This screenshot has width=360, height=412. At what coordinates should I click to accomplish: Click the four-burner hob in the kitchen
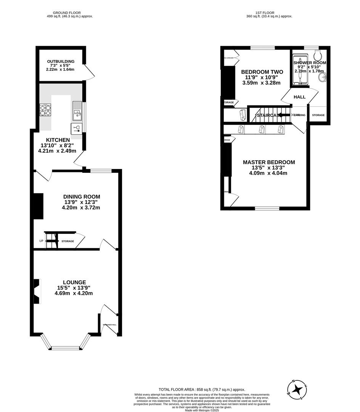click(45, 110)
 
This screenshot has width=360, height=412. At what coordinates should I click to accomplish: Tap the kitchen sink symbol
click(77, 110)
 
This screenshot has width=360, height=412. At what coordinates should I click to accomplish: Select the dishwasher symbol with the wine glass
click(77, 128)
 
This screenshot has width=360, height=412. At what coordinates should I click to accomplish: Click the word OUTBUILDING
click(61, 61)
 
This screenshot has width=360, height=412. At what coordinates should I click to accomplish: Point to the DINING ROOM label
click(82, 197)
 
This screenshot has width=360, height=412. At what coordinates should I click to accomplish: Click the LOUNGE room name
click(74, 282)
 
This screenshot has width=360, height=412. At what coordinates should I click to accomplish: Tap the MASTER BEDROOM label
click(269, 162)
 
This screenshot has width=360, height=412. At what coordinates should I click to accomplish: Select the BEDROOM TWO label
click(262, 72)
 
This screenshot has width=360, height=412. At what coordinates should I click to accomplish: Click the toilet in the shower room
click(320, 52)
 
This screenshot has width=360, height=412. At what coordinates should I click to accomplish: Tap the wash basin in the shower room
click(323, 78)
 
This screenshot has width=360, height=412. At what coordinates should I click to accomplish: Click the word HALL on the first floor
click(299, 97)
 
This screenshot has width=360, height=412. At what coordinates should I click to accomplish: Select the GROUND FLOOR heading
click(67, 13)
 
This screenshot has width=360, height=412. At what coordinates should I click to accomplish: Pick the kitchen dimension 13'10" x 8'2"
click(58, 145)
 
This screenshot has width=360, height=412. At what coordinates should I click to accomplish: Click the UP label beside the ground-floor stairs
click(41, 241)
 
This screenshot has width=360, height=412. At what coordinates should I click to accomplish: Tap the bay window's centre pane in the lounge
click(65, 348)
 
